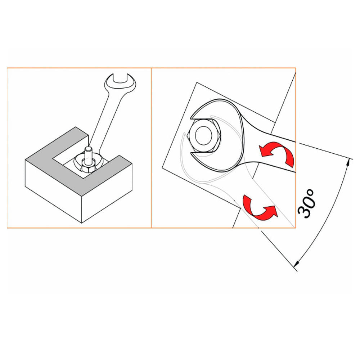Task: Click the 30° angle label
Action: click(306, 203)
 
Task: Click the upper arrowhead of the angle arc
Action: click(348, 163)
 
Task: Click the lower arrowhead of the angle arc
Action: click(297, 263)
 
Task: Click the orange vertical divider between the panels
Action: click(151, 148)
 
